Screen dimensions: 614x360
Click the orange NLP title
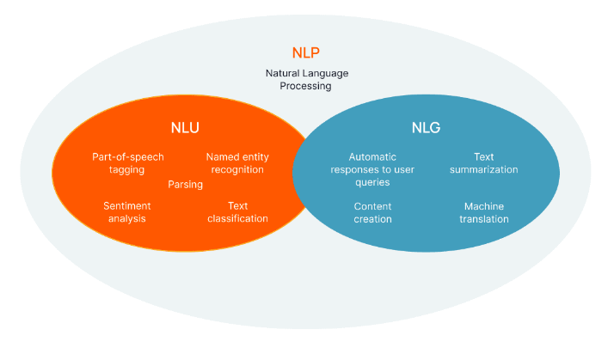coord(306,52)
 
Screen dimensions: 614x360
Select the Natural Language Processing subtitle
coord(307,79)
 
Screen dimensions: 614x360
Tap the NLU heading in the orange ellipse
coord(185,128)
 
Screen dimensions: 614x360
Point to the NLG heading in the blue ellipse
coord(426,128)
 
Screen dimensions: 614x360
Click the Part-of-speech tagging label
coord(127,163)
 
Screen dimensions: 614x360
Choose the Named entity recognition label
coord(237,163)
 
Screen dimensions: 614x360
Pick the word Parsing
coord(185,185)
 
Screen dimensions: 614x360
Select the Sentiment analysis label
coord(127,212)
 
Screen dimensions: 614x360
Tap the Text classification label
coord(237,212)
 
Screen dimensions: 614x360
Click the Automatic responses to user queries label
coord(372,169)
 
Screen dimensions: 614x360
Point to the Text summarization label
coord(483,163)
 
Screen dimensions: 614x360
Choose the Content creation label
coord(373,212)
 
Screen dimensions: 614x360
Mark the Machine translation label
coord(484,212)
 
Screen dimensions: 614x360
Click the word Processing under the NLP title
coord(305,86)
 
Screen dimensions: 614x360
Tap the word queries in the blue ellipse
coord(372,182)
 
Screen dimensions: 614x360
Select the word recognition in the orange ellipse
coord(237,170)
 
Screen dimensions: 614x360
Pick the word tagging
coord(126,170)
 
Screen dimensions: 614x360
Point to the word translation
coord(484,219)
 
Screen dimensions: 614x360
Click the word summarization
coord(483,169)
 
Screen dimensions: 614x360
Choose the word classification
coord(237,218)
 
